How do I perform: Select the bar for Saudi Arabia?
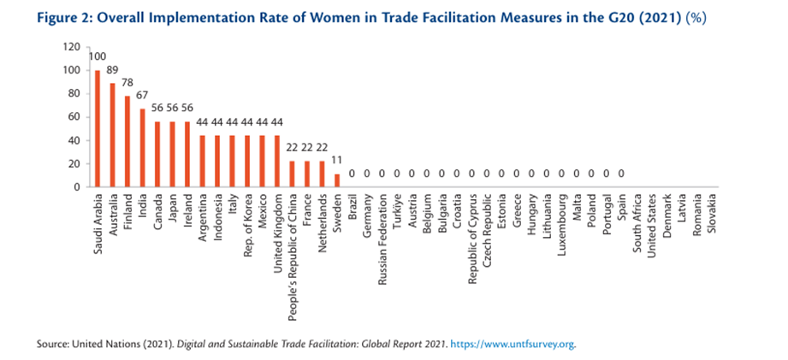pos(97,128)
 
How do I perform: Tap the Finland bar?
pos(128,141)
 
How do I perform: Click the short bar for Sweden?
pos(338,180)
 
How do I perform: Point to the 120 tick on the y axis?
pos(73,47)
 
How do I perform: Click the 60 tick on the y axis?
pos(75,117)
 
